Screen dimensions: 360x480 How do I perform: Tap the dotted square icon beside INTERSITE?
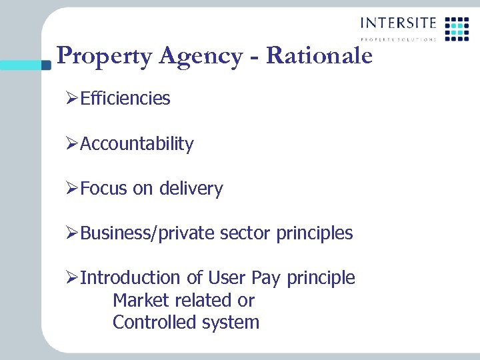pos(457,28)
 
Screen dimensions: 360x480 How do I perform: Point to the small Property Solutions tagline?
pos(399,39)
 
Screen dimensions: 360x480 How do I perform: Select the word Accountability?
pos(137,143)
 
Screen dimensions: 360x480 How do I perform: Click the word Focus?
pos(104,189)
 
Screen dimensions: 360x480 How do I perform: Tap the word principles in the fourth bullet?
pos(315,233)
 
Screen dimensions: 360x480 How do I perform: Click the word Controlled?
pos(151,323)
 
